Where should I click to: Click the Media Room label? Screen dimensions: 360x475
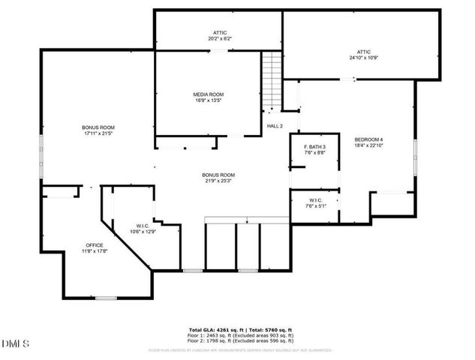coord(209,94)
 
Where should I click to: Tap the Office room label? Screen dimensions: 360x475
coord(94,245)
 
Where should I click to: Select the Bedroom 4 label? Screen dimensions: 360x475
coord(368,139)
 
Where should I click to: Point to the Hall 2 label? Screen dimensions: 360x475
coord(275,126)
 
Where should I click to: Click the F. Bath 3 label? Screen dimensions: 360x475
coord(314,146)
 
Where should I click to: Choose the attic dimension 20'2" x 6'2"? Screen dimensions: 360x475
coord(219,38)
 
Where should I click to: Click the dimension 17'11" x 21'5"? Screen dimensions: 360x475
coord(98,133)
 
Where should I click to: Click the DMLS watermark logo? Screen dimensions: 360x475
coord(15,343)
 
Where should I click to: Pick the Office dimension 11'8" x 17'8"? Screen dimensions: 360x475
coord(94,251)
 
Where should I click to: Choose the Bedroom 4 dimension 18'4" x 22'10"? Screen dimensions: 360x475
coord(368,145)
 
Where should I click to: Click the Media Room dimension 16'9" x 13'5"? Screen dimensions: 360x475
coord(209,100)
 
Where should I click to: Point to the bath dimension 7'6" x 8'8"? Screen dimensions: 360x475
coord(314,152)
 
